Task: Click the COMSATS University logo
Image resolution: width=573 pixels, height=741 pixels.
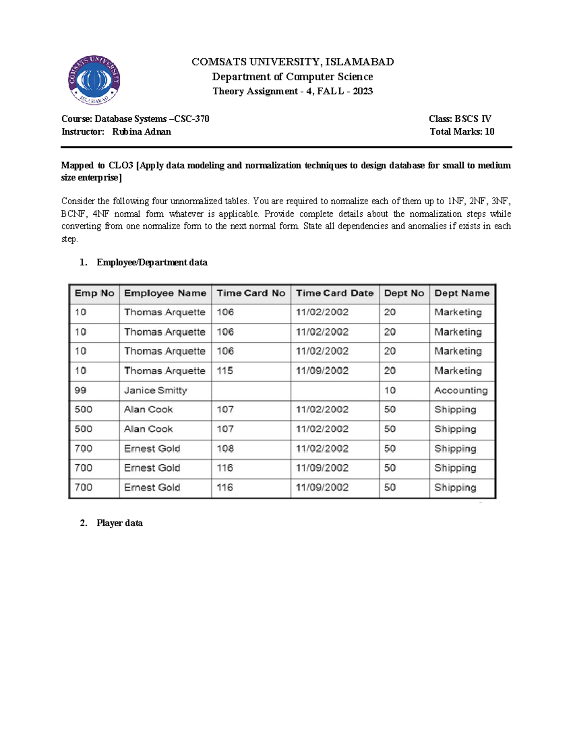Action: pos(94,80)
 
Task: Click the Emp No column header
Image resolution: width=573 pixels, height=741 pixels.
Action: pos(94,293)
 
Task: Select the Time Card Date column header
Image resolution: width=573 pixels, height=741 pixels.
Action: pos(334,293)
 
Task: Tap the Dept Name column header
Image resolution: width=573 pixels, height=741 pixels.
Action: pos(462,293)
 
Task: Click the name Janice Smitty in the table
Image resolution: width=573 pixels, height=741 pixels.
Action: pos(155,390)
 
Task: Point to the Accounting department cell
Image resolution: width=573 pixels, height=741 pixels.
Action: pos(461,390)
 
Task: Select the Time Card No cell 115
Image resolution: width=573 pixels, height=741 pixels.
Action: pos(225,371)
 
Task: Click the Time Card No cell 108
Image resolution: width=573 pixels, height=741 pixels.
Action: pos(225,449)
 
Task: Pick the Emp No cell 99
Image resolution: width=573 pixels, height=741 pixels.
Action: pos(80,390)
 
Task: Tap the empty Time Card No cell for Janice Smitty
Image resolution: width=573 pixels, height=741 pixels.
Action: pos(251,390)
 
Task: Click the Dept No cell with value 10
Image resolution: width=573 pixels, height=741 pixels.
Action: pos(390,390)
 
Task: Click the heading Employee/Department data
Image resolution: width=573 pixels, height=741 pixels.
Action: pos(152,262)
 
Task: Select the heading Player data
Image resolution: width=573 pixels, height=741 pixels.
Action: pos(119,523)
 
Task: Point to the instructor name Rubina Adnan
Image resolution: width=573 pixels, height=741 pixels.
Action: pos(141,132)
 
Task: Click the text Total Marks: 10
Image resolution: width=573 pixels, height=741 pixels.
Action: pos(462,132)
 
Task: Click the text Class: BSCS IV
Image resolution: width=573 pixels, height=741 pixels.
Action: pos(460,119)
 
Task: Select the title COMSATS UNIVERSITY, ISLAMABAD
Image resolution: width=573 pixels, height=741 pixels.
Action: pos(292,62)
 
